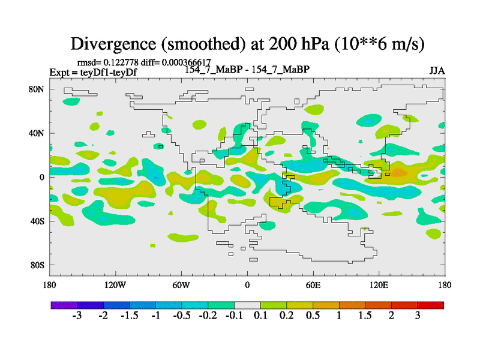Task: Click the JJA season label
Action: point(437,70)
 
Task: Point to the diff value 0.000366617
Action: point(185,62)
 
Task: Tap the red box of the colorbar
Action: point(431,305)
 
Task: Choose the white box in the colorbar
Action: point(247,305)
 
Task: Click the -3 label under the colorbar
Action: point(77,316)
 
